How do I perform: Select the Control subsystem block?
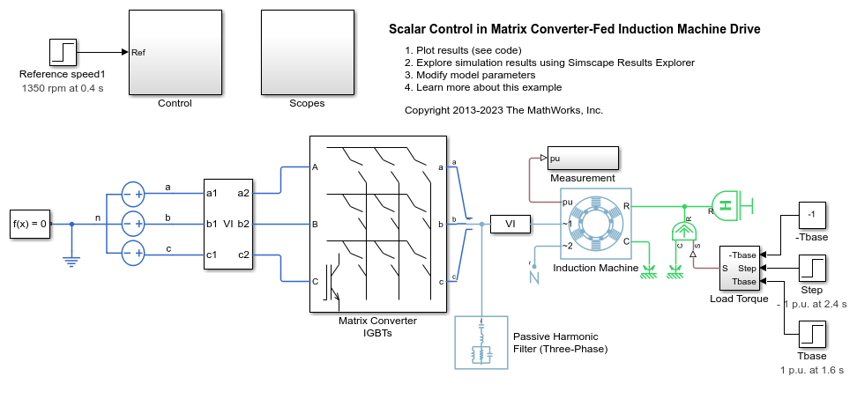pos(175,52)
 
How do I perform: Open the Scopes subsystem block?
pos(306,52)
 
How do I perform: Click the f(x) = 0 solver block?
pos(30,224)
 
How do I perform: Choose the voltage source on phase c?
pos(132,252)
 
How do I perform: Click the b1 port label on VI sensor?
pos(212,224)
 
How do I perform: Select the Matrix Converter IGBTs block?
pos(377,225)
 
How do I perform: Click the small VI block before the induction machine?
pos(510,225)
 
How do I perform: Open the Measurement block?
pos(582,159)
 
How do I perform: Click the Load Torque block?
pos(740,268)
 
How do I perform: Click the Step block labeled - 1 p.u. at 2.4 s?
pos(812,268)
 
